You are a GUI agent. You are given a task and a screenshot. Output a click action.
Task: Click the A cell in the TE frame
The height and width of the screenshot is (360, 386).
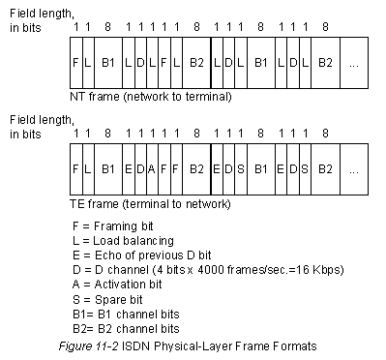(x=152, y=169)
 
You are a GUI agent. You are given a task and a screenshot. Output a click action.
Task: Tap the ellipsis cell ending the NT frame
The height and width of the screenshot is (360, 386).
(x=354, y=63)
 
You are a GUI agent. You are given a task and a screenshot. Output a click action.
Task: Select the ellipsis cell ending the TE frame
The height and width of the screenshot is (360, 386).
(x=354, y=169)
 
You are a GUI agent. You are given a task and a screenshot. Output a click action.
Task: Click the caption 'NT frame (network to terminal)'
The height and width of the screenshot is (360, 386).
(x=151, y=97)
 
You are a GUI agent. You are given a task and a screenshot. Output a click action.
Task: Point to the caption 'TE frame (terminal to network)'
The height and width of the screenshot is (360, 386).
(x=150, y=204)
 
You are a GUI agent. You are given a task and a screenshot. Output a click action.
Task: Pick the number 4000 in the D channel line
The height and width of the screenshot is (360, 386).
(x=211, y=269)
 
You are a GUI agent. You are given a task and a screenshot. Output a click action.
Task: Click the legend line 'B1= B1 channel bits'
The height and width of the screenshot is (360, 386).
(x=126, y=315)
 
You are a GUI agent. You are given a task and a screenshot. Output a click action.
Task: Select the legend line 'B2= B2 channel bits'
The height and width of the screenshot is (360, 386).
(x=126, y=329)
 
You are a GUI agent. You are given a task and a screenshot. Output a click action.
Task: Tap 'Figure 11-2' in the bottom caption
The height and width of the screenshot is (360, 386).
(x=89, y=346)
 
